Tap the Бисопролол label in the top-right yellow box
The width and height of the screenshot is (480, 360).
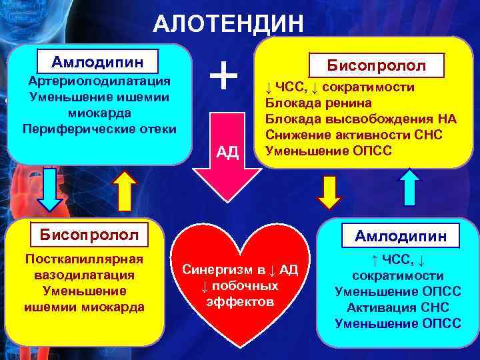[x=376, y=66]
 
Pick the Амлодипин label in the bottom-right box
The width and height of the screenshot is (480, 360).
[x=401, y=236]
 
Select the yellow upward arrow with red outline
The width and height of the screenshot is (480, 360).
[x=124, y=189]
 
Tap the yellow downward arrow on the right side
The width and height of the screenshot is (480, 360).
[x=328, y=191]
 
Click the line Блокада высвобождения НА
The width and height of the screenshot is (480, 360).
[x=360, y=119]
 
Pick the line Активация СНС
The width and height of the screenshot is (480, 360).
[x=397, y=307]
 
